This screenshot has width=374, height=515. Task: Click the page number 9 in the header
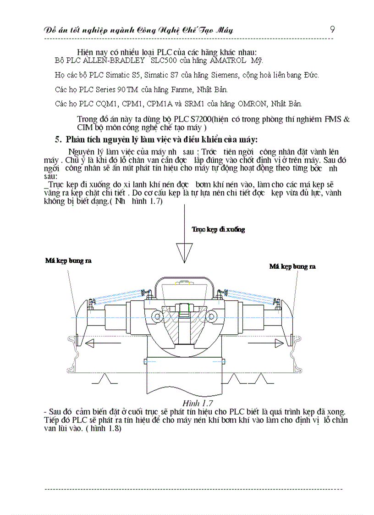click(x=332, y=29)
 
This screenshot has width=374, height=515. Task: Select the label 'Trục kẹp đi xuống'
click(x=218, y=229)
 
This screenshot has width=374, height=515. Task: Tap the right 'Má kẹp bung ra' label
click(x=292, y=266)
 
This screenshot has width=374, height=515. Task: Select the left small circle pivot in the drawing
click(x=158, y=316)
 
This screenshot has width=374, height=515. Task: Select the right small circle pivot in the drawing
click(x=211, y=316)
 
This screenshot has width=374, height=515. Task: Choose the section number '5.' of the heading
click(x=58, y=139)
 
